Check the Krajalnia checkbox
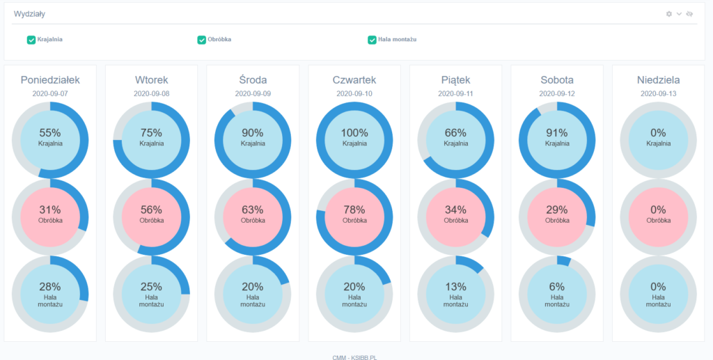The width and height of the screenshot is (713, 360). pyautogui.click(x=31, y=40)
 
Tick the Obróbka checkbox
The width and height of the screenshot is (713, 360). pyautogui.click(x=201, y=40)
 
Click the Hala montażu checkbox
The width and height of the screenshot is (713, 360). pyautogui.click(x=372, y=40)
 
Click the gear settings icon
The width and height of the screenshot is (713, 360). pyautogui.click(x=669, y=14)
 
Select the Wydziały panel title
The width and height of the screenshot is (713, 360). pyautogui.click(x=29, y=14)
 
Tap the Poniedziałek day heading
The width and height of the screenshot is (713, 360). pyautogui.click(x=50, y=80)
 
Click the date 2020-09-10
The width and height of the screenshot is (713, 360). pyautogui.click(x=354, y=93)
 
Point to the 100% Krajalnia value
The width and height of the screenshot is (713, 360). pyautogui.click(x=354, y=132)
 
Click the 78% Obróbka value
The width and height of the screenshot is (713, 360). pyautogui.click(x=354, y=210)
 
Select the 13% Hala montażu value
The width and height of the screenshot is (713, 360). pyautogui.click(x=455, y=286)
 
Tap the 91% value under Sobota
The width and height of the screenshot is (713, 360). pyautogui.click(x=557, y=132)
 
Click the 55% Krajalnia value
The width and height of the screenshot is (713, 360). pyautogui.click(x=50, y=132)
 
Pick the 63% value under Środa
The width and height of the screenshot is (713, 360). pyautogui.click(x=253, y=210)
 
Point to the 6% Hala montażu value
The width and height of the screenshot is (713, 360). pyautogui.click(x=557, y=286)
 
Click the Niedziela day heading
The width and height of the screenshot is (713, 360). pyautogui.click(x=658, y=80)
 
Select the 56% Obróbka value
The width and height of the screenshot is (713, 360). pyautogui.click(x=151, y=210)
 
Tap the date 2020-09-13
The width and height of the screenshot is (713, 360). pyautogui.click(x=658, y=93)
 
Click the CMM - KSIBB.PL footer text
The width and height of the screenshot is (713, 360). pyautogui.click(x=355, y=357)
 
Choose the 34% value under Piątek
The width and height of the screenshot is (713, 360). pyautogui.click(x=455, y=210)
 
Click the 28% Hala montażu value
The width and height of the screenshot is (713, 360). pyautogui.click(x=50, y=286)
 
